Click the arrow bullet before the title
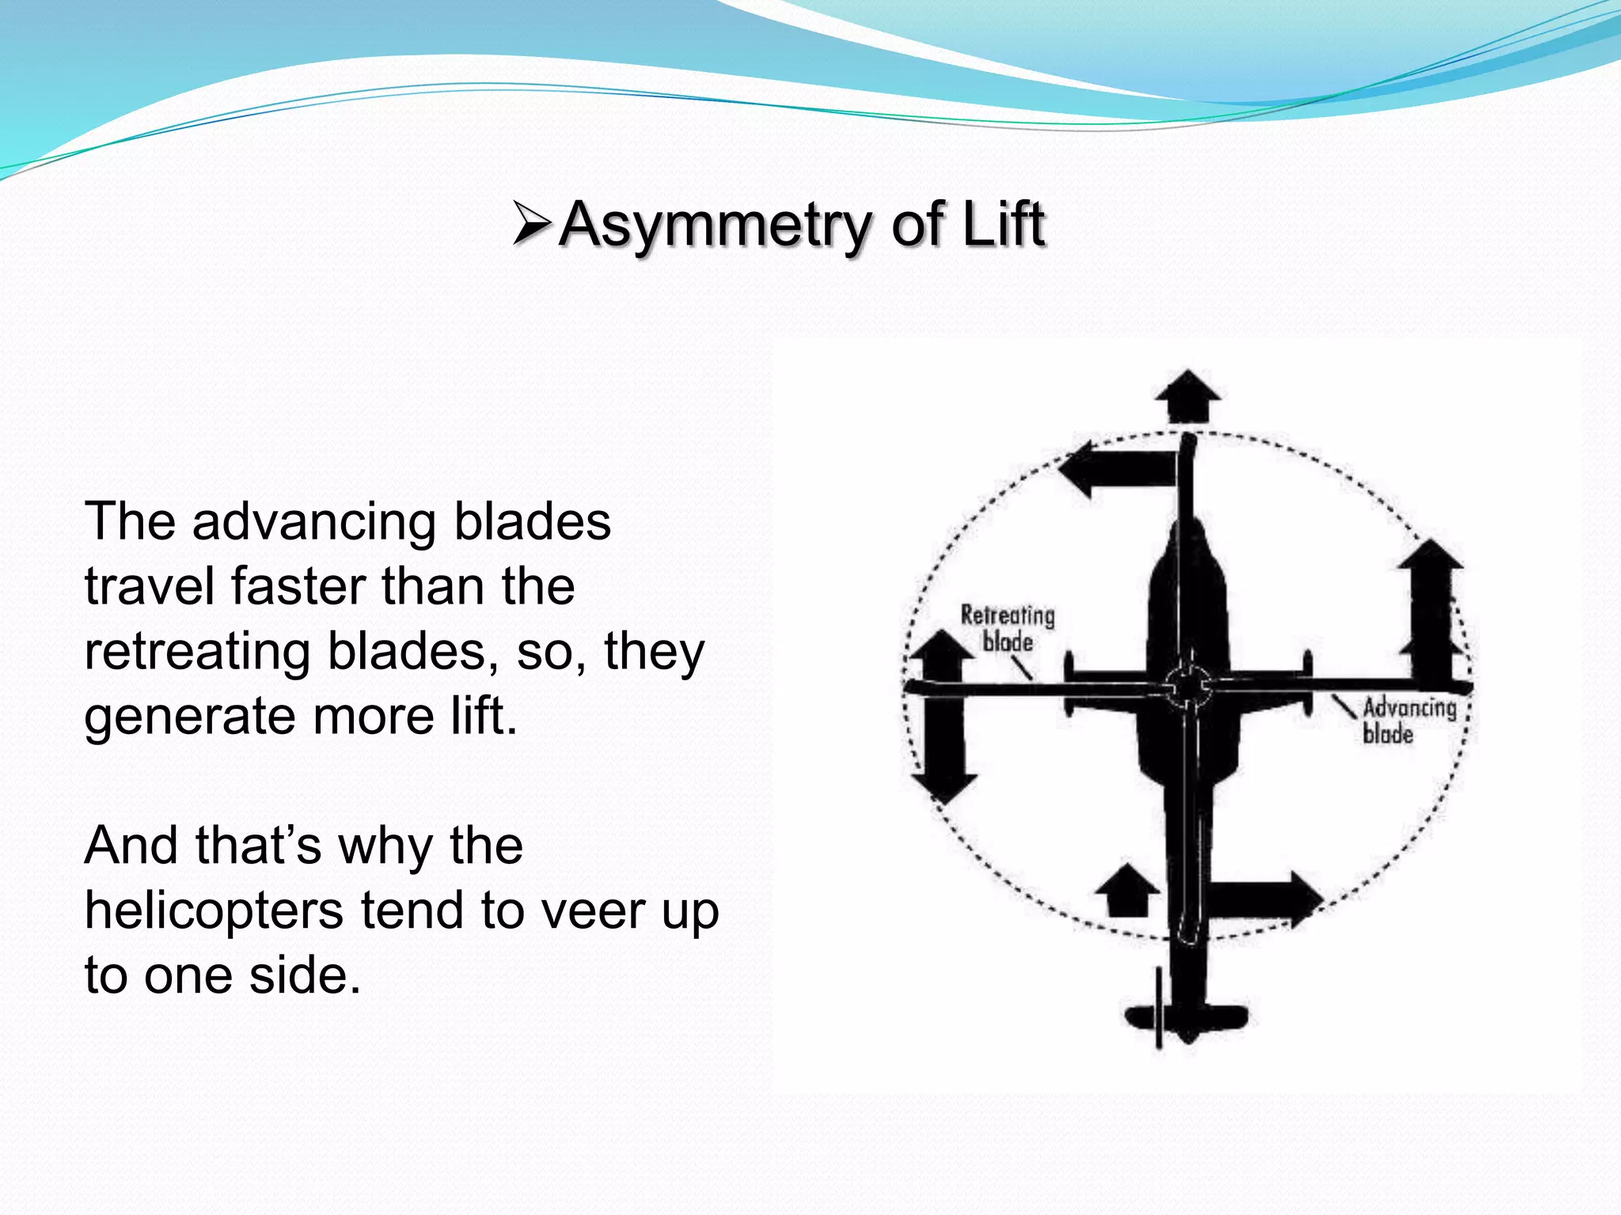pos(532,225)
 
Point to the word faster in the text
pos(298,587)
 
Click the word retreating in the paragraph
pos(196,652)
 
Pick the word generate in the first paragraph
pos(190,717)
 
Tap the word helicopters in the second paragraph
pos(214,911)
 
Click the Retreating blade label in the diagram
pos(1008,629)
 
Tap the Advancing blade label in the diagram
pos(1409,721)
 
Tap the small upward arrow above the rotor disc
pos(1187,395)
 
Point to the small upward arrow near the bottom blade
pos(1127,891)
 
